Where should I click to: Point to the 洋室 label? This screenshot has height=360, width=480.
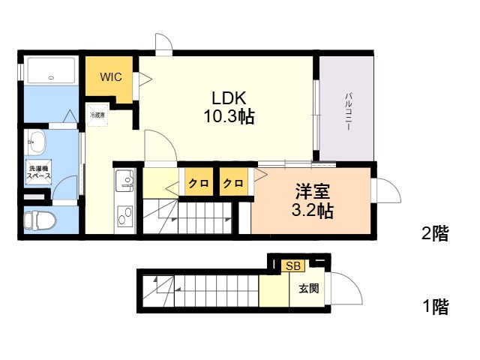(311, 191)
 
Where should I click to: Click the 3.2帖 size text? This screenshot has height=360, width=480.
(311, 211)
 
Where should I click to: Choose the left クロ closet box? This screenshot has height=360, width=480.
(198, 183)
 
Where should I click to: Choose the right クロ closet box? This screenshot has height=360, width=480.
(233, 183)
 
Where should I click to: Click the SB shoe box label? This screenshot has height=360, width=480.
(292, 266)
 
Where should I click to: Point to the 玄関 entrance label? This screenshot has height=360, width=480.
(308, 288)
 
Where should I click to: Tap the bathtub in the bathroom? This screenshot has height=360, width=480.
(50, 71)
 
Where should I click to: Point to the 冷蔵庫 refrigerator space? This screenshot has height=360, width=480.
(97, 116)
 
